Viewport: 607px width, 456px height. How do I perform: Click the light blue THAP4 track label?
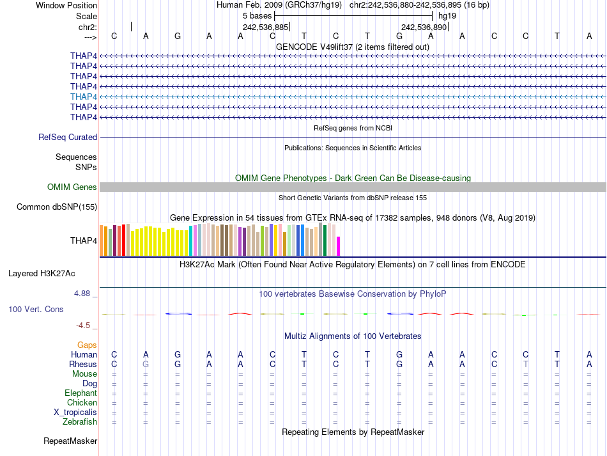pyautogui.click(x=84, y=97)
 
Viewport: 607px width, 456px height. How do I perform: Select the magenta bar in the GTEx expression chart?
pyautogui.click(x=339, y=246)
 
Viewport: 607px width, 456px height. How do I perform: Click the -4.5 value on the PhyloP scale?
pyautogui.click(x=86, y=325)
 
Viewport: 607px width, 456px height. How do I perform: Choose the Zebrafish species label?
pyautogui.click(x=80, y=422)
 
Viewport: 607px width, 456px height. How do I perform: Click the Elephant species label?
pyautogui.click(x=81, y=393)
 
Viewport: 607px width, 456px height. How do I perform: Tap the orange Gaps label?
pyautogui.click(x=87, y=345)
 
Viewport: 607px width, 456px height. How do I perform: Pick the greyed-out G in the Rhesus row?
pyautogui.click(x=146, y=364)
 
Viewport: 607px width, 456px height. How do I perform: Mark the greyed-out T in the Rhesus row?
pyautogui.click(x=526, y=364)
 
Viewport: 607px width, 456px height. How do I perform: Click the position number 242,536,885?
pyautogui.click(x=266, y=28)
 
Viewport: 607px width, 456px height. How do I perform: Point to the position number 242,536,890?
pyautogui.click(x=424, y=28)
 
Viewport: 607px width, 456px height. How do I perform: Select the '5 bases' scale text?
pyautogui.click(x=257, y=15)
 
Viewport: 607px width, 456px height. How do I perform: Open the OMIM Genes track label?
pyautogui.click(x=72, y=187)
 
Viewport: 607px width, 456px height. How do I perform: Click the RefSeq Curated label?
pyautogui.click(x=68, y=138)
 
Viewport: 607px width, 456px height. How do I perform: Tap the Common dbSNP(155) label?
pyautogui.click(x=57, y=207)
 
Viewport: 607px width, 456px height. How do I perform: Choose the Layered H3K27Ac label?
pyautogui.click(x=42, y=274)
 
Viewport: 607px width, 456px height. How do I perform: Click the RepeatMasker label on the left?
pyautogui.click(x=70, y=441)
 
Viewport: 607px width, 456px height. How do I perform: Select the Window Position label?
pyautogui.click(x=66, y=5)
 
